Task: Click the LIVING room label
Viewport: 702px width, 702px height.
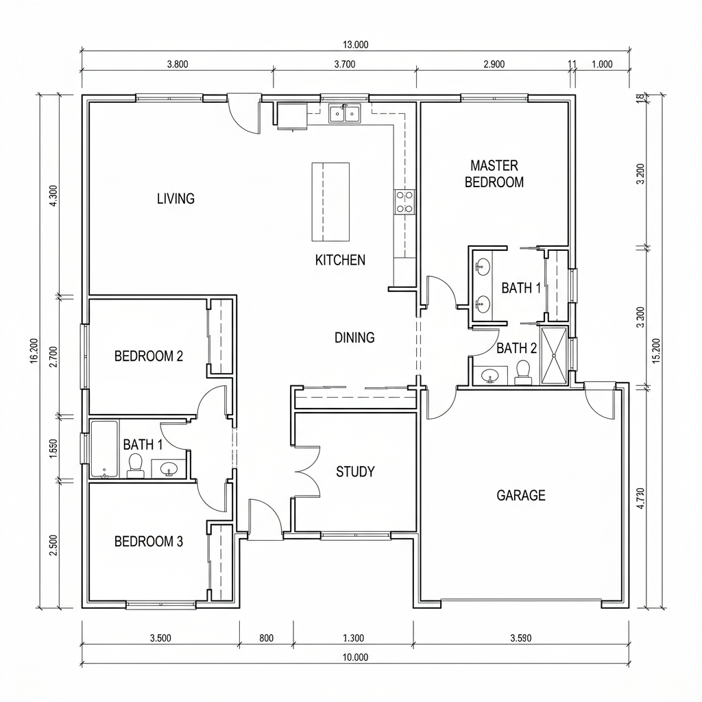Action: (x=175, y=198)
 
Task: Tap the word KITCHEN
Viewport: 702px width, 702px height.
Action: (x=340, y=260)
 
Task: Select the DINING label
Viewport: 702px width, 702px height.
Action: (x=354, y=337)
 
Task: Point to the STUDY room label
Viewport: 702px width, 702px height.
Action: (x=355, y=472)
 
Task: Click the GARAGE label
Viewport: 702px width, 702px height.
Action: (x=521, y=495)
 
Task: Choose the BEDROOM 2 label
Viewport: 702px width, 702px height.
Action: (x=149, y=356)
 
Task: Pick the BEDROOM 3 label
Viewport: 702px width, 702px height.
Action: (x=149, y=542)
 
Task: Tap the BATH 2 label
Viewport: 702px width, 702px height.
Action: (x=517, y=348)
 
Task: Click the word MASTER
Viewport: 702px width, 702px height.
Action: (x=494, y=166)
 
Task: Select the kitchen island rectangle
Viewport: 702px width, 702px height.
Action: (x=330, y=202)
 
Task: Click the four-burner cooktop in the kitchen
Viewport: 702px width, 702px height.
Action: (x=404, y=202)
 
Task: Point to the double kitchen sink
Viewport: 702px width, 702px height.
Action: (x=344, y=113)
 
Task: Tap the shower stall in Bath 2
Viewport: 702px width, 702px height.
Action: (x=554, y=356)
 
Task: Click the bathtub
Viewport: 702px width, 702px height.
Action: (x=104, y=449)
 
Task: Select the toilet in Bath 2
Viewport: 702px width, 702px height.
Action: (x=522, y=372)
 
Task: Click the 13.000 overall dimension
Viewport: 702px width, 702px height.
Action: (x=356, y=45)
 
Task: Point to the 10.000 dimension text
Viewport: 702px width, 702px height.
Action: (x=356, y=657)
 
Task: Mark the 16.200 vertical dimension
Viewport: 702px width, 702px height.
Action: (x=36, y=351)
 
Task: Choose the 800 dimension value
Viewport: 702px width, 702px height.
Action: (x=267, y=638)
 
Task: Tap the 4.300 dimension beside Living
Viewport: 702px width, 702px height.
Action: (x=53, y=195)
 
